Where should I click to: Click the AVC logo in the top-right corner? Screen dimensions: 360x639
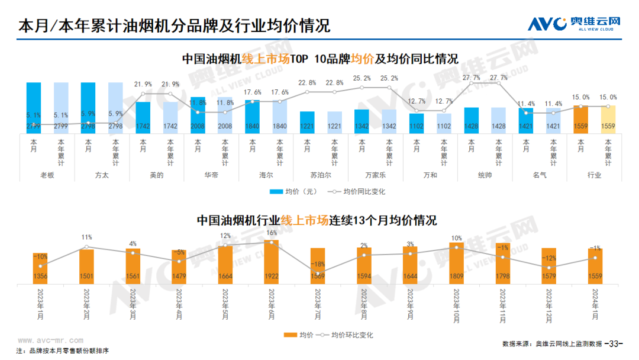click(574, 24)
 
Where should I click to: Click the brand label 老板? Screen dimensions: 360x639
click(47, 175)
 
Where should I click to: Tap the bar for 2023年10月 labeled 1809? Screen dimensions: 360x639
click(456, 262)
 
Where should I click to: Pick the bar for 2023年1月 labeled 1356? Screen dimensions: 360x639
click(40, 268)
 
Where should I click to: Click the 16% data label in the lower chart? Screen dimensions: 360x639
click(272, 233)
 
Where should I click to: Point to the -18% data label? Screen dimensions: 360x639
click(318, 264)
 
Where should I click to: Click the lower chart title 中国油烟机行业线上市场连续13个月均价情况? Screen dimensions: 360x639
click(317, 220)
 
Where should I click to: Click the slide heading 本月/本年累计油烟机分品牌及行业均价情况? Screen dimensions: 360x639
click(175, 27)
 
